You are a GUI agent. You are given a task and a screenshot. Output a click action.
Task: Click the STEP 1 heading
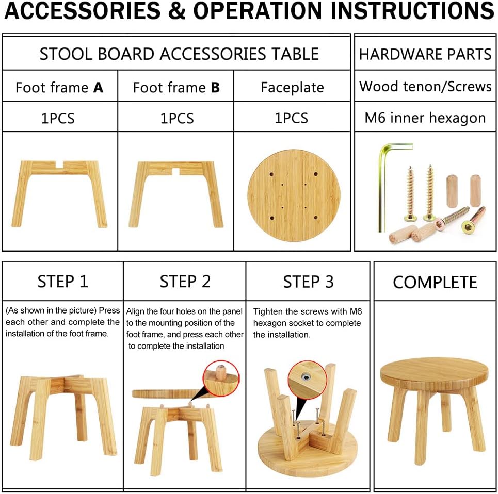63,282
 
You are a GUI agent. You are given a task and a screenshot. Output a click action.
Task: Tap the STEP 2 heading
185,282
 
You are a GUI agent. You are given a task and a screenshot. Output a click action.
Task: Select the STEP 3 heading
309,282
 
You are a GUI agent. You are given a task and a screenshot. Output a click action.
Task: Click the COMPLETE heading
435,282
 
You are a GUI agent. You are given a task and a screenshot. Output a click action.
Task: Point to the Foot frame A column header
59,88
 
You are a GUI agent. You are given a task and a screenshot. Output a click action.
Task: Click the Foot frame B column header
176,88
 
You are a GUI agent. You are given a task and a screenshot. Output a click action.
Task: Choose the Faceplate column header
292,88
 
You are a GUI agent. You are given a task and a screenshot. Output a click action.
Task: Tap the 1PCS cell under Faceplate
291,119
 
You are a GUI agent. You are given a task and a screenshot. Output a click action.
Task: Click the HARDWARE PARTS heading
425,54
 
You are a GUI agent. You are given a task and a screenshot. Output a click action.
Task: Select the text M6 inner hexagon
425,118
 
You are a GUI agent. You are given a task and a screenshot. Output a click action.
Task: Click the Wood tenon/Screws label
425,86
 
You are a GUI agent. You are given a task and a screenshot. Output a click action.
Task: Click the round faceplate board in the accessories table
294,196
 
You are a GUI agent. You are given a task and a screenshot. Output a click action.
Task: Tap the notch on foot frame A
59,164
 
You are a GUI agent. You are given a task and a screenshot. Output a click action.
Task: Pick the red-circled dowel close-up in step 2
221,378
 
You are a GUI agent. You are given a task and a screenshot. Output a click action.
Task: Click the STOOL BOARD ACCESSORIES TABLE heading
179,54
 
